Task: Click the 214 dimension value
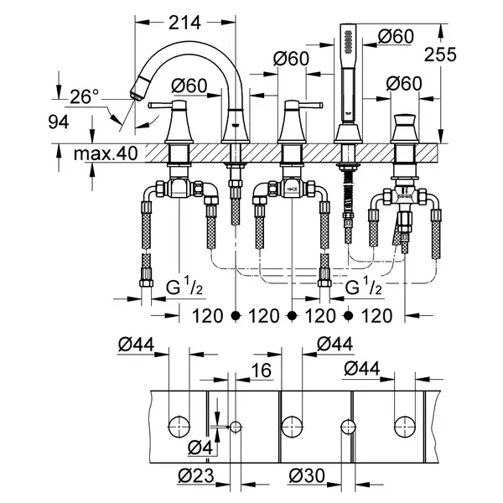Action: click(x=184, y=23)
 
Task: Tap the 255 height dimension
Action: click(x=440, y=54)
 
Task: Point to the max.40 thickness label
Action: click(x=106, y=153)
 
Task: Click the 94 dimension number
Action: click(x=59, y=122)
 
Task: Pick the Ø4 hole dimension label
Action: click(x=200, y=448)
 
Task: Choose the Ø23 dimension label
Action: click(x=196, y=475)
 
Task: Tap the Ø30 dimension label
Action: click(x=307, y=475)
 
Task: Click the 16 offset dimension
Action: click(x=262, y=371)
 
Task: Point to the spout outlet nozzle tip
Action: click(x=136, y=96)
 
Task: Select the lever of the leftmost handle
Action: click(x=160, y=105)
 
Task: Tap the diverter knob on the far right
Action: click(x=405, y=122)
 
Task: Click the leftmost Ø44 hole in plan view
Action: click(x=179, y=427)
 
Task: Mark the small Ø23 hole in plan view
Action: click(x=236, y=427)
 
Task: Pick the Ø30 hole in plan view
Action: click(x=348, y=427)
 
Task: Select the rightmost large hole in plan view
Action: click(x=405, y=427)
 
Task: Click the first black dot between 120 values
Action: click(x=236, y=316)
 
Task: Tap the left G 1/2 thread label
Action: click(x=184, y=287)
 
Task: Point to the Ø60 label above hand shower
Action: click(x=396, y=36)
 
